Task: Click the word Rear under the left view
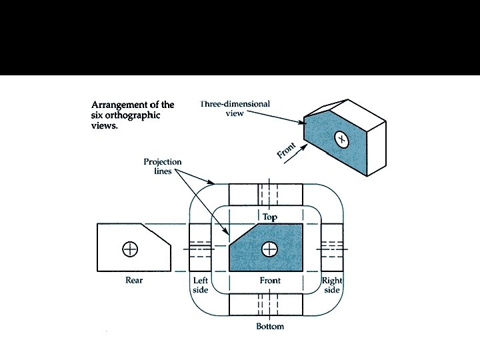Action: coord(134,281)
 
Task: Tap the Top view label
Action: coord(269,217)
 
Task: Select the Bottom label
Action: coord(269,326)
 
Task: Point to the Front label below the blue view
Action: coord(270,281)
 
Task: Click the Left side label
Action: coord(200,285)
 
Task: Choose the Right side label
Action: coord(331,285)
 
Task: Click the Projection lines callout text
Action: coord(162,167)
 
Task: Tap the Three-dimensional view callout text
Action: coord(226,109)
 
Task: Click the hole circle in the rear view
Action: coord(130,249)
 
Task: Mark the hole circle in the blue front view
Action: coord(269,249)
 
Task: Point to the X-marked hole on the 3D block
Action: coord(341,139)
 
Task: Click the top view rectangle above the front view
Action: coord(266,195)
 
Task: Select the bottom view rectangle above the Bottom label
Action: coord(266,303)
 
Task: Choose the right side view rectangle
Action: coord(331,249)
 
